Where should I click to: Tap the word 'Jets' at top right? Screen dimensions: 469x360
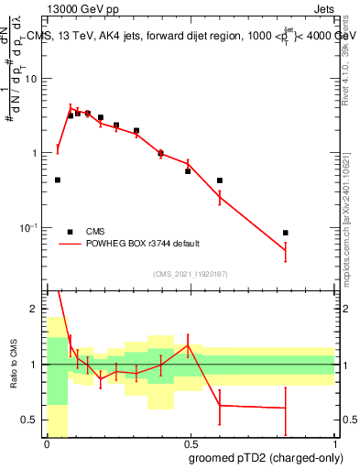point(323,9)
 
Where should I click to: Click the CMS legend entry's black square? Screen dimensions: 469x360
point(70,231)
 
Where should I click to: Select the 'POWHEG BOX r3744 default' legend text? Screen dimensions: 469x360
point(143,244)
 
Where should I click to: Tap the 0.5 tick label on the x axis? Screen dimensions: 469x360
point(191,444)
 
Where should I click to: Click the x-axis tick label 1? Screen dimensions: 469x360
point(334,444)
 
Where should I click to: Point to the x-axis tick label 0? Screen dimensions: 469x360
point(47,444)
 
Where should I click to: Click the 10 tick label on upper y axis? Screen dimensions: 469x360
point(33,79)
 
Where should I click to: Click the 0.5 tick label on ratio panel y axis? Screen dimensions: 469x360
point(32,420)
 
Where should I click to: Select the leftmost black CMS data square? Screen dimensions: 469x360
point(58,180)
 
